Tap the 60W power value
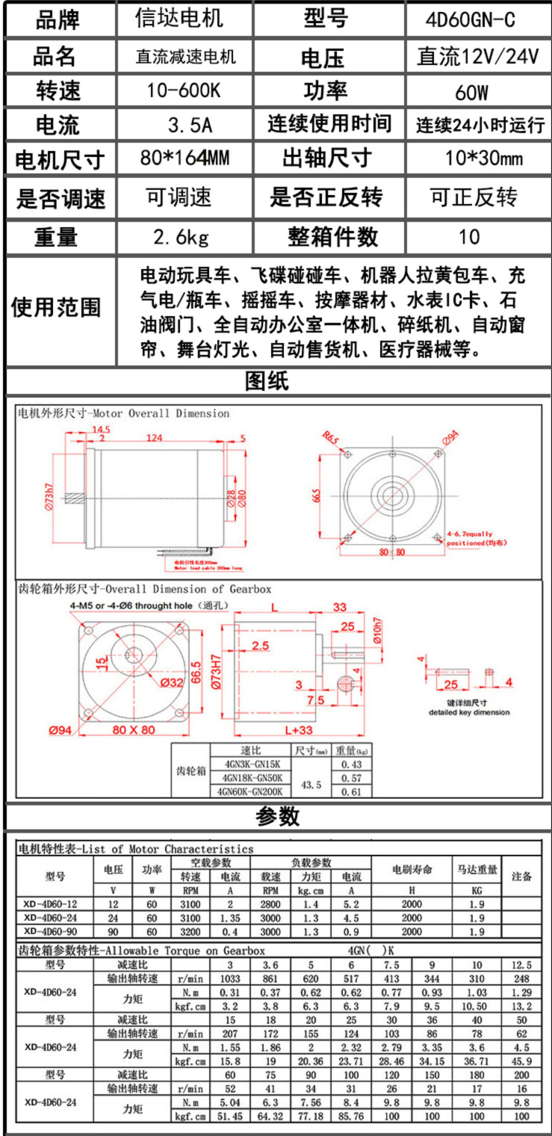click(x=471, y=93)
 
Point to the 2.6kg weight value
click(x=181, y=238)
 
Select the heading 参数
click(x=277, y=817)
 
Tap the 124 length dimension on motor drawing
click(x=154, y=438)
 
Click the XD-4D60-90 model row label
click(x=50, y=931)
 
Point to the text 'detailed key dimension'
click(x=469, y=712)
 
